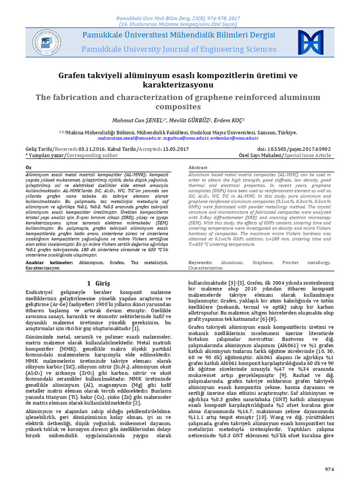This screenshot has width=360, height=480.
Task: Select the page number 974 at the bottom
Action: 331,469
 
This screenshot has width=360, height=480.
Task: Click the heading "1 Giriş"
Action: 98,284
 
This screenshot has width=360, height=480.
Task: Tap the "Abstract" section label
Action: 198,167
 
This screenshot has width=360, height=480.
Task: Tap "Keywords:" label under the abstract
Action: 203,263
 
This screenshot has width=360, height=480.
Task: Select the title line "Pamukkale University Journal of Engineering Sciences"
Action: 179,49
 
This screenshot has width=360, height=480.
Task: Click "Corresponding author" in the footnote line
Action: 92,155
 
